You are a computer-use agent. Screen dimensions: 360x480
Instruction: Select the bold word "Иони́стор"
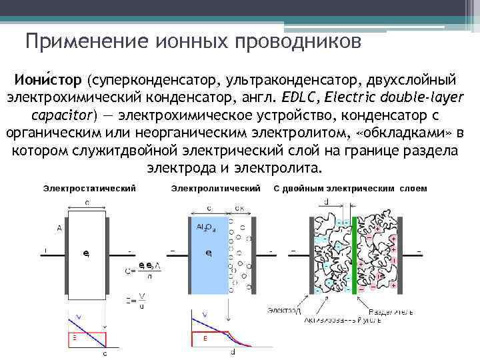(x=46, y=81)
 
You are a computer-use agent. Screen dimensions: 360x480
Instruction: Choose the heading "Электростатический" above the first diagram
(x=89, y=189)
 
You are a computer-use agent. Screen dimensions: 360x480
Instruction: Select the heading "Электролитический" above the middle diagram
(x=215, y=189)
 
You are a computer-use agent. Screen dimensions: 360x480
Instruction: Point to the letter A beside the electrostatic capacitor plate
(x=59, y=228)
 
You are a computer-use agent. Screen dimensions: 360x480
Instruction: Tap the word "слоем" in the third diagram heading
(x=413, y=189)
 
